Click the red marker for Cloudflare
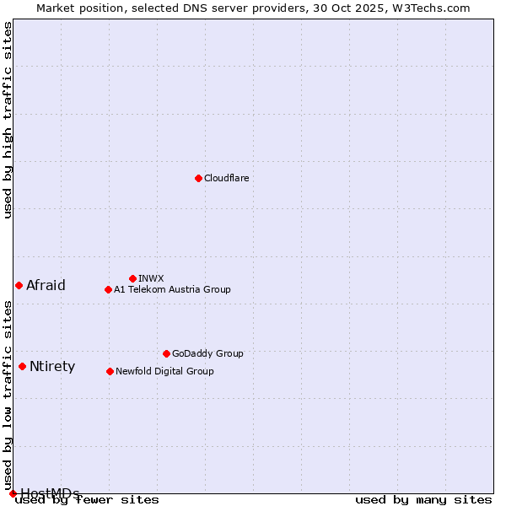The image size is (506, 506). [198, 178]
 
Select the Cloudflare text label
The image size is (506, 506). [226, 178]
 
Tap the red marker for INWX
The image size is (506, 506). [132, 278]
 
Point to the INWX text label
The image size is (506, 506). [151, 278]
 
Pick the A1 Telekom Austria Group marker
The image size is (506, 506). [108, 289]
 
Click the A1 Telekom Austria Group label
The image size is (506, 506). [172, 289]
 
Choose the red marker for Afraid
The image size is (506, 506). [19, 285]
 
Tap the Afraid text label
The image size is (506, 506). [46, 285]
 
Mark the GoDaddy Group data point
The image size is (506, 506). [166, 353]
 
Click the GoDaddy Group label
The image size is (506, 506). [207, 353]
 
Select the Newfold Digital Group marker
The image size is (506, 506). [110, 371]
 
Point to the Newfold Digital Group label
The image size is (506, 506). [164, 371]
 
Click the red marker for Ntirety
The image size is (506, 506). [22, 366]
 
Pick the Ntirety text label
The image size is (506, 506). [52, 366]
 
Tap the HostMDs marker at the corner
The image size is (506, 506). [13, 493]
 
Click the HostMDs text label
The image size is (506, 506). [50, 493]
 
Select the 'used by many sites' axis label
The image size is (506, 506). [423, 500]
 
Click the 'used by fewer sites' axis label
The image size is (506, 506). [88, 500]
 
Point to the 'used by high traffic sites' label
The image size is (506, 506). [8, 120]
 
